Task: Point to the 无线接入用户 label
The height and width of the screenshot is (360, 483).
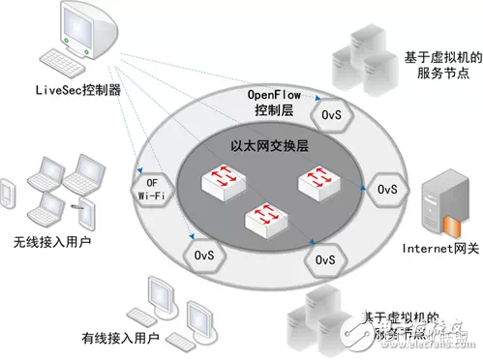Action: [x=45, y=242]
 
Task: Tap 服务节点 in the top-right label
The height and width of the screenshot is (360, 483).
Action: [x=435, y=73]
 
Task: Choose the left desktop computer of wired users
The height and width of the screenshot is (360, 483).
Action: [x=156, y=296]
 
